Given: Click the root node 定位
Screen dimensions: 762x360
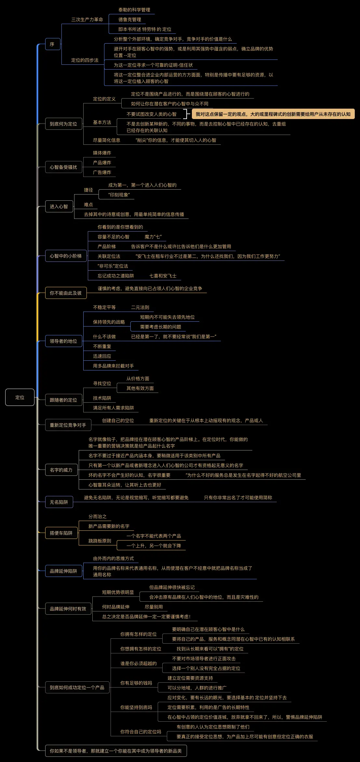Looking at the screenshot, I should click(x=20, y=397).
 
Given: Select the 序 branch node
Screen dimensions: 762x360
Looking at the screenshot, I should click(x=52, y=44).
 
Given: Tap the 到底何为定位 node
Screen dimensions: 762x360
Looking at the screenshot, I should click(x=63, y=124).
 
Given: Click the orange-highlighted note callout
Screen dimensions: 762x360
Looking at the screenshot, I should click(x=273, y=114).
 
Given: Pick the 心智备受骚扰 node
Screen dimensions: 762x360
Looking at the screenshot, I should click(x=63, y=167).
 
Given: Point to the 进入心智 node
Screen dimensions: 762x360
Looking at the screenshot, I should click(x=59, y=207).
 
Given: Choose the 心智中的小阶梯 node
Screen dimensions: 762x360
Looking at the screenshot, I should click(x=66, y=256).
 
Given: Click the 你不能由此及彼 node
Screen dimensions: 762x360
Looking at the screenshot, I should click(x=66, y=293).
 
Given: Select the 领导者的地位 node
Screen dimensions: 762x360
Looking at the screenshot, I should click(x=63, y=341).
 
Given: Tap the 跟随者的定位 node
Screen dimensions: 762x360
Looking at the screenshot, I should click(x=63, y=400).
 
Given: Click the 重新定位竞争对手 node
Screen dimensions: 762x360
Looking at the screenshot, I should click(x=68, y=425).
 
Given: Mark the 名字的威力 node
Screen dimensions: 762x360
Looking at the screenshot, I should click(x=61, y=470).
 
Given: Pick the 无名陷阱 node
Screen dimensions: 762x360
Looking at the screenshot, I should click(x=59, y=502).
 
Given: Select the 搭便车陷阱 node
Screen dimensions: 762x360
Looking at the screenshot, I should click(x=61, y=533).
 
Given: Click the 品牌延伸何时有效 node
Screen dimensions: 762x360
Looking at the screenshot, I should click(x=68, y=609).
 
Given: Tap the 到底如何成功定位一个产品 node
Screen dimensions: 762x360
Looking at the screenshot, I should click(x=77, y=688).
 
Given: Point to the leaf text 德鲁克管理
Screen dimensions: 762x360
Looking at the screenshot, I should click(x=129, y=20).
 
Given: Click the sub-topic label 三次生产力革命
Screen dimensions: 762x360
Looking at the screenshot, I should click(x=87, y=20).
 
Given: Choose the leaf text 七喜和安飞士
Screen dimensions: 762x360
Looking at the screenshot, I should click(x=163, y=276).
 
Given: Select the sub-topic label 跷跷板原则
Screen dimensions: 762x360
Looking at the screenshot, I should click(x=100, y=541).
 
